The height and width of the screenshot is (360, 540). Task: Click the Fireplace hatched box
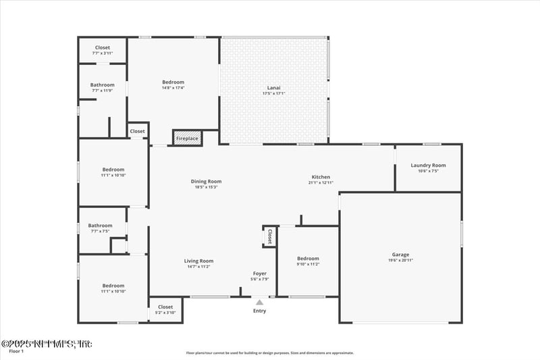pyautogui.click(x=187, y=138)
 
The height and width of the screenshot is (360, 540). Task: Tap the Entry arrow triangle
pyautogui.click(x=259, y=302)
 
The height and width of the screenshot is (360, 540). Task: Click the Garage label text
pyautogui.click(x=400, y=255)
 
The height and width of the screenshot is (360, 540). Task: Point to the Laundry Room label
pyautogui.click(x=428, y=165)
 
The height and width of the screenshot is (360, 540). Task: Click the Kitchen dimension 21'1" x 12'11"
pyautogui.click(x=321, y=182)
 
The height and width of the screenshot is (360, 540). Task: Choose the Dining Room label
pyautogui.click(x=206, y=181)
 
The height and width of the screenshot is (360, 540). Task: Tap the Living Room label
pyautogui.click(x=198, y=261)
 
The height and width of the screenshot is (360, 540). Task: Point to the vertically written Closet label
pyautogui.click(x=269, y=236)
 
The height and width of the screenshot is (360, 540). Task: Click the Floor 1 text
pyautogui.click(x=16, y=351)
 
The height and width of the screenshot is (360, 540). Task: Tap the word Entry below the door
pyautogui.click(x=259, y=311)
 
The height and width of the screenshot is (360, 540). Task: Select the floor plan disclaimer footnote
pyautogui.click(x=270, y=353)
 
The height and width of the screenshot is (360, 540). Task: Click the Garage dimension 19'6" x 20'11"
pyautogui.click(x=400, y=260)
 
